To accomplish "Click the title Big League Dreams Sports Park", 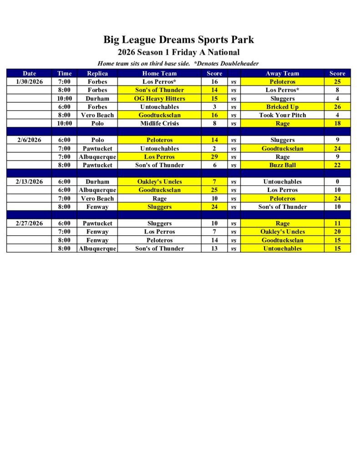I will click(178, 40).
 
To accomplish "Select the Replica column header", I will click(97, 73).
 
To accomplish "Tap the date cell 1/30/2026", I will click(29, 82).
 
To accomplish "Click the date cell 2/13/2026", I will click(29, 182).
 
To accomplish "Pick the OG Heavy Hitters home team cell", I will click(159, 98).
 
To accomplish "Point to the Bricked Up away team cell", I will click(282, 107).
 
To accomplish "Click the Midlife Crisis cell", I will click(159, 123).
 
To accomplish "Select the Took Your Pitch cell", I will click(282, 115).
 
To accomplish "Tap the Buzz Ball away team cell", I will click(282, 165).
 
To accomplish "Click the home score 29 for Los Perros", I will click(214, 157).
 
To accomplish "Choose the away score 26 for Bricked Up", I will click(337, 107).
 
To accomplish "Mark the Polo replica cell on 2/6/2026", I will click(97, 140).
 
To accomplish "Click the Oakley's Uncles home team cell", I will click(159, 182).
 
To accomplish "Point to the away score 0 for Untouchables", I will click(337, 182).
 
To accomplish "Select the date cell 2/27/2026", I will click(29, 223).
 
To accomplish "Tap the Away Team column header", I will click(282, 73).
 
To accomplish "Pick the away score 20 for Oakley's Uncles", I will click(337, 232).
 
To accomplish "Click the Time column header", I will click(64, 73).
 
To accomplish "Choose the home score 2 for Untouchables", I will click(214, 148).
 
